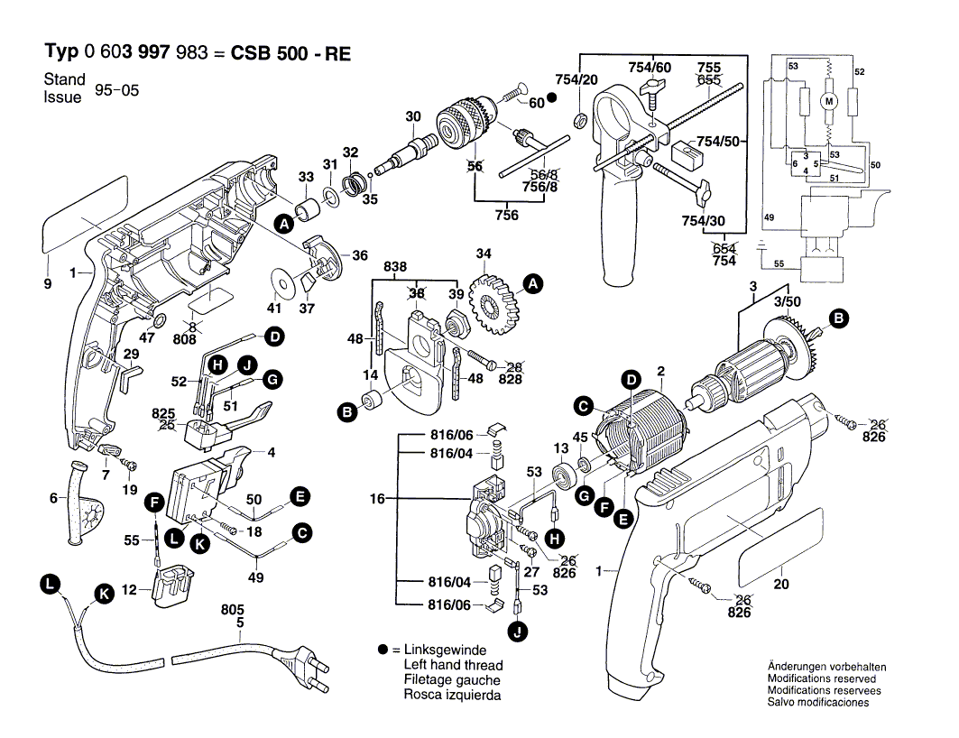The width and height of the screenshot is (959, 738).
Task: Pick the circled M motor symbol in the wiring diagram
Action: tap(828, 103)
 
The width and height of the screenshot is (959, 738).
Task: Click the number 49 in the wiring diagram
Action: tap(769, 217)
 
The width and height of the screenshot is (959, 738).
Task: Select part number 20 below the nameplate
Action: tap(781, 585)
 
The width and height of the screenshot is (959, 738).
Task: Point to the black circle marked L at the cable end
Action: tap(51, 585)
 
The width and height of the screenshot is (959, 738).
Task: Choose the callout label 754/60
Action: tap(650, 68)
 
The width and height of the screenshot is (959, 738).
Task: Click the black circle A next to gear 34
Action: tap(533, 285)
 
